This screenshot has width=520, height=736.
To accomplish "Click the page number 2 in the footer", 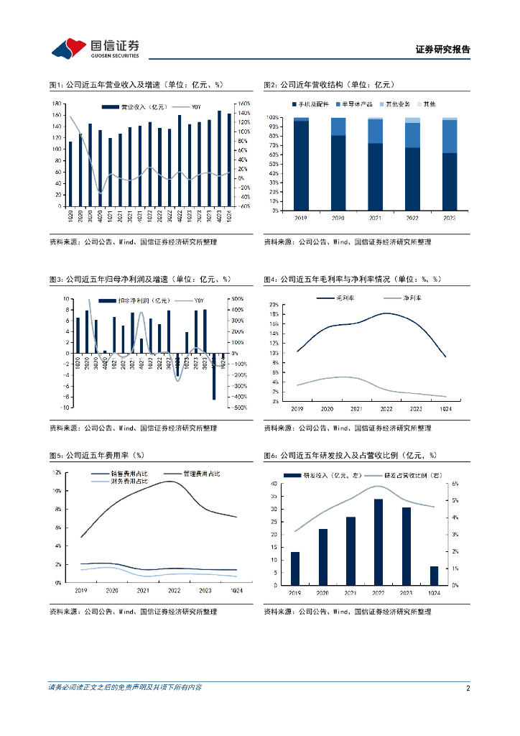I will (x=468, y=688).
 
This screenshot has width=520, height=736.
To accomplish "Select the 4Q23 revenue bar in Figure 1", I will (x=219, y=159).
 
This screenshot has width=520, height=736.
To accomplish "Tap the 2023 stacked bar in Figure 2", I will (x=449, y=164).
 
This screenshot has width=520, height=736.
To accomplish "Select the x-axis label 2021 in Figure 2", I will (x=376, y=216).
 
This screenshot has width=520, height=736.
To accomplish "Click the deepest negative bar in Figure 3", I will (x=213, y=376).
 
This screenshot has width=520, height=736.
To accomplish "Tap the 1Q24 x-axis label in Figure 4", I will (x=445, y=408).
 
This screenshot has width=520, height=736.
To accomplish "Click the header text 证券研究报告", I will (x=442, y=50).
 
